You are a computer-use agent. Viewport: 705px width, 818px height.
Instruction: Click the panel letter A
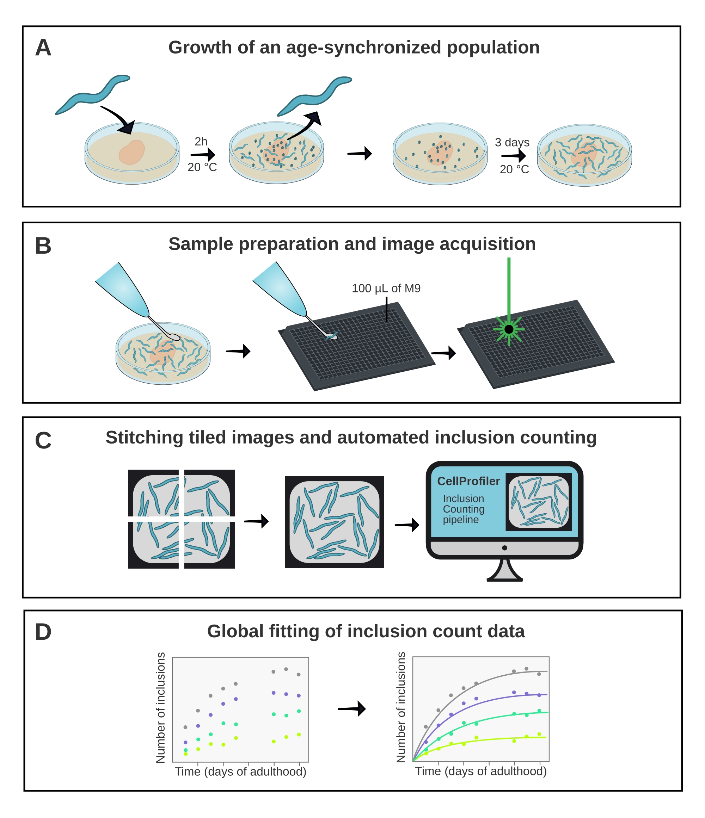click(x=43, y=48)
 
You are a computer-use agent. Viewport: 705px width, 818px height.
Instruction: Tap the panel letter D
click(x=43, y=632)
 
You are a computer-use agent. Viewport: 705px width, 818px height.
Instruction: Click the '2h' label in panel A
click(x=201, y=141)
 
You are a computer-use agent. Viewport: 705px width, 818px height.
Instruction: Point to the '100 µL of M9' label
click(x=386, y=289)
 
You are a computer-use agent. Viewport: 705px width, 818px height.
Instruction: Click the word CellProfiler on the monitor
click(x=468, y=481)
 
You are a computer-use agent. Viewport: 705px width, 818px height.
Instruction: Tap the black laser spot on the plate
click(x=509, y=329)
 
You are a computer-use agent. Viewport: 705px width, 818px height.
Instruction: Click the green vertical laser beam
click(x=509, y=284)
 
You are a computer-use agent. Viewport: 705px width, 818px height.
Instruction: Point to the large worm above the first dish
click(x=92, y=95)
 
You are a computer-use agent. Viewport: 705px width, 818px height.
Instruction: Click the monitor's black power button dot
click(x=504, y=548)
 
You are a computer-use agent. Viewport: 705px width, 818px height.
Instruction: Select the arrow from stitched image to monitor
click(x=407, y=525)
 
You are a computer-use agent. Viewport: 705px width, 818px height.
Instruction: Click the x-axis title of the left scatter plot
click(x=240, y=771)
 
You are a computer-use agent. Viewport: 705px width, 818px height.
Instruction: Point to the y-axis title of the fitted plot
click(x=401, y=707)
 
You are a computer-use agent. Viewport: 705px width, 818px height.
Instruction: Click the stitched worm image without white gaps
click(x=334, y=522)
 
